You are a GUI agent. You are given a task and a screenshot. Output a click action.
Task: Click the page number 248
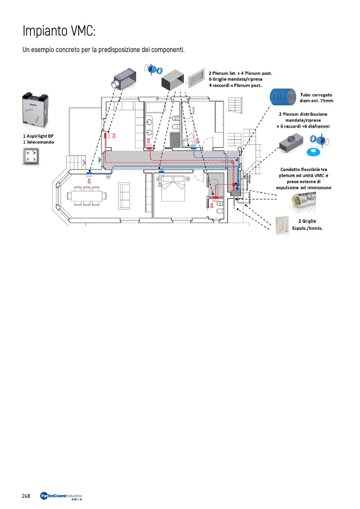(x=26, y=495)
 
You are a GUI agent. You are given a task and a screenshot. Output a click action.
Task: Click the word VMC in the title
(x=82, y=31)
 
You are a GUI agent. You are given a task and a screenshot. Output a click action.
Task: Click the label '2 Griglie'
(x=309, y=221)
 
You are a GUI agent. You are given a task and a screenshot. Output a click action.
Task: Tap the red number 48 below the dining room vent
(x=89, y=180)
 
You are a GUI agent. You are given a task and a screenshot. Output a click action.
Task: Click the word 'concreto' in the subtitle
(x=65, y=50)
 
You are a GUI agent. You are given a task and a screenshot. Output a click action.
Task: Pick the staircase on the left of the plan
(x=75, y=162)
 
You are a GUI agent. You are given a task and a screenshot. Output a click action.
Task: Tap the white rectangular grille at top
(x=195, y=78)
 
